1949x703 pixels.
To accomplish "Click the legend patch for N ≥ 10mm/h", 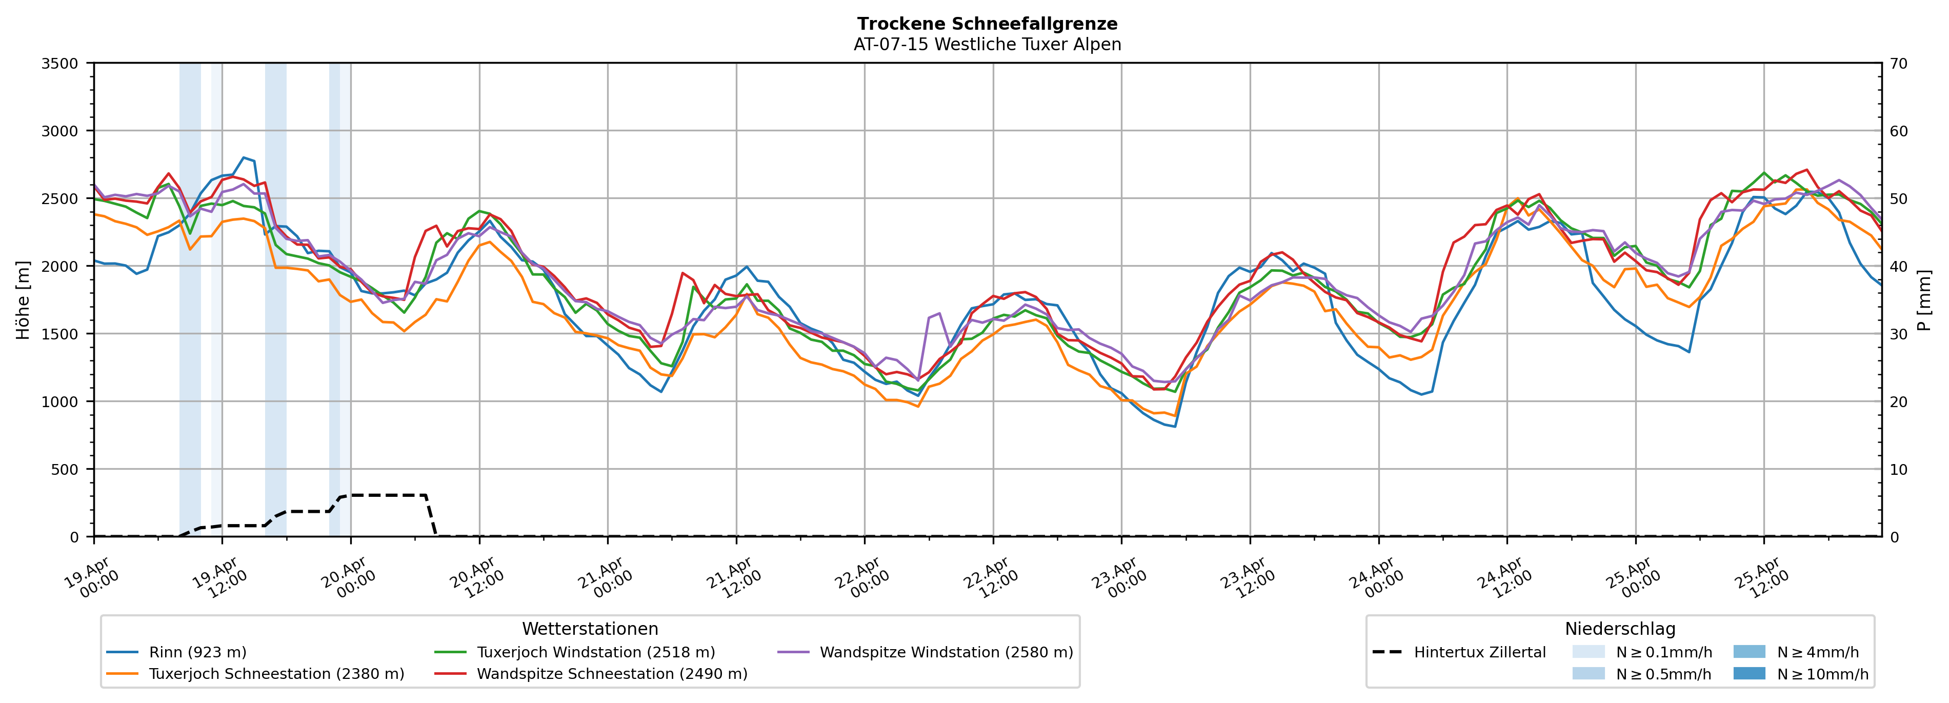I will click(x=1749, y=673).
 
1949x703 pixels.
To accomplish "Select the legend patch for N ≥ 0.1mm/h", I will click(x=1588, y=652).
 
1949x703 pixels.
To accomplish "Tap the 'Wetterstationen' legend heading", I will click(x=590, y=629).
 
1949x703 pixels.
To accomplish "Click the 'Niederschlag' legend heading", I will click(x=1620, y=629).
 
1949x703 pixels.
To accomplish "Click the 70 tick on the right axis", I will click(x=1898, y=64).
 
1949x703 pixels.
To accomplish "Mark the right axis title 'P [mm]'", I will click(x=1924, y=299).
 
